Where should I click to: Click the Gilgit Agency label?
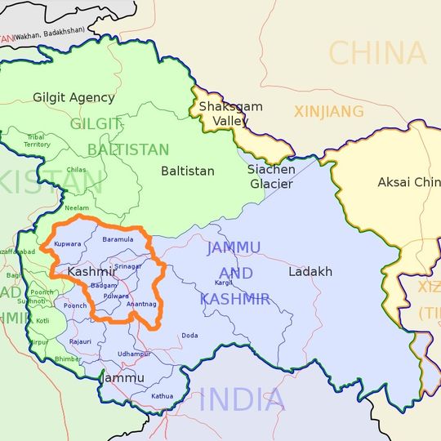click(73, 97)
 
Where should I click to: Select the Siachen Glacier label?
click(269, 176)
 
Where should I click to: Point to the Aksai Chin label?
click(408, 182)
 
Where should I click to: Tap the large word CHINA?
click(377, 54)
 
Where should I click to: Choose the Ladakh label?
click(310, 271)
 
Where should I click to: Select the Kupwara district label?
click(67, 244)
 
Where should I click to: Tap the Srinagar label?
click(128, 266)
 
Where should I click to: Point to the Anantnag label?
click(142, 304)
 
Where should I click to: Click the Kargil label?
click(223, 282)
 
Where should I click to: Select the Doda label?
click(189, 335)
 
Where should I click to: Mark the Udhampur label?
click(134, 354)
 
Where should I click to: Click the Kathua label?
click(163, 396)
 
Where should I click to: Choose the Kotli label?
click(42, 321)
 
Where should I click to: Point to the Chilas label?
click(76, 170)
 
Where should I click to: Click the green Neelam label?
click(78, 208)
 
